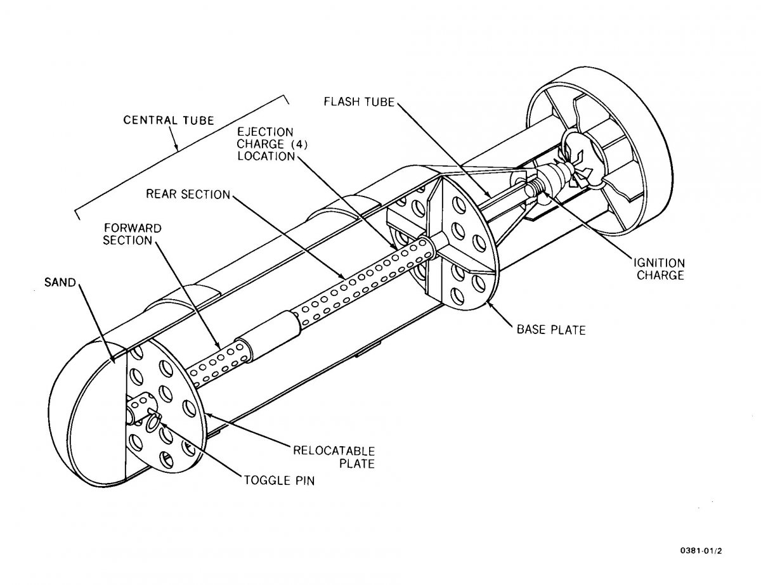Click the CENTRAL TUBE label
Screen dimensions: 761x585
(x=169, y=120)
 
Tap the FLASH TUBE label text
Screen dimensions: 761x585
(x=360, y=102)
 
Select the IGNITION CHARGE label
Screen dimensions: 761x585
(x=659, y=269)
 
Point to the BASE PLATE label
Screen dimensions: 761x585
(x=551, y=330)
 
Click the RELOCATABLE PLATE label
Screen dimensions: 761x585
(x=334, y=457)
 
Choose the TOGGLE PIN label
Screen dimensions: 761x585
(x=279, y=480)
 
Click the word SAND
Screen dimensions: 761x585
(x=60, y=282)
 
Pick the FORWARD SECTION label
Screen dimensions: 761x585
(x=133, y=235)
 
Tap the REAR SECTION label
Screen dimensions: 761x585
(x=188, y=194)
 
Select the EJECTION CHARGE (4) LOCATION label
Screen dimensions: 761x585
(x=273, y=144)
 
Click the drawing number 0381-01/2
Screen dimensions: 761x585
(x=701, y=551)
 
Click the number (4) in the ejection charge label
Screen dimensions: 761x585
(x=299, y=144)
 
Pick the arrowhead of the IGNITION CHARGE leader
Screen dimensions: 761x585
(x=545, y=194)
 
